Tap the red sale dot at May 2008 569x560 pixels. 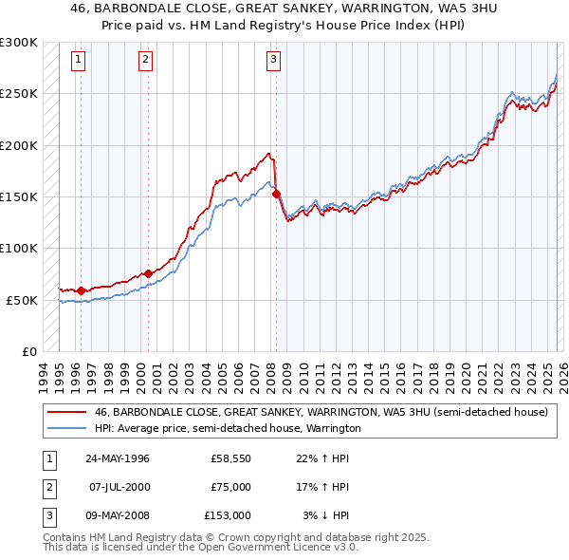pos(277,194)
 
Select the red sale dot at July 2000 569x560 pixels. pos(148,274)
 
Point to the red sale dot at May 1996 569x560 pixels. pos(81,290)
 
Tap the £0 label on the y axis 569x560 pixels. pos(28,351)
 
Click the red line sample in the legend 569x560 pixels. pos(67,413)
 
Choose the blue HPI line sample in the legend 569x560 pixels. pos(67,429)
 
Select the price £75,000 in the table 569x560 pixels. pos(230,487)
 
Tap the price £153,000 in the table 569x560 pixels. pos(228,515)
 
